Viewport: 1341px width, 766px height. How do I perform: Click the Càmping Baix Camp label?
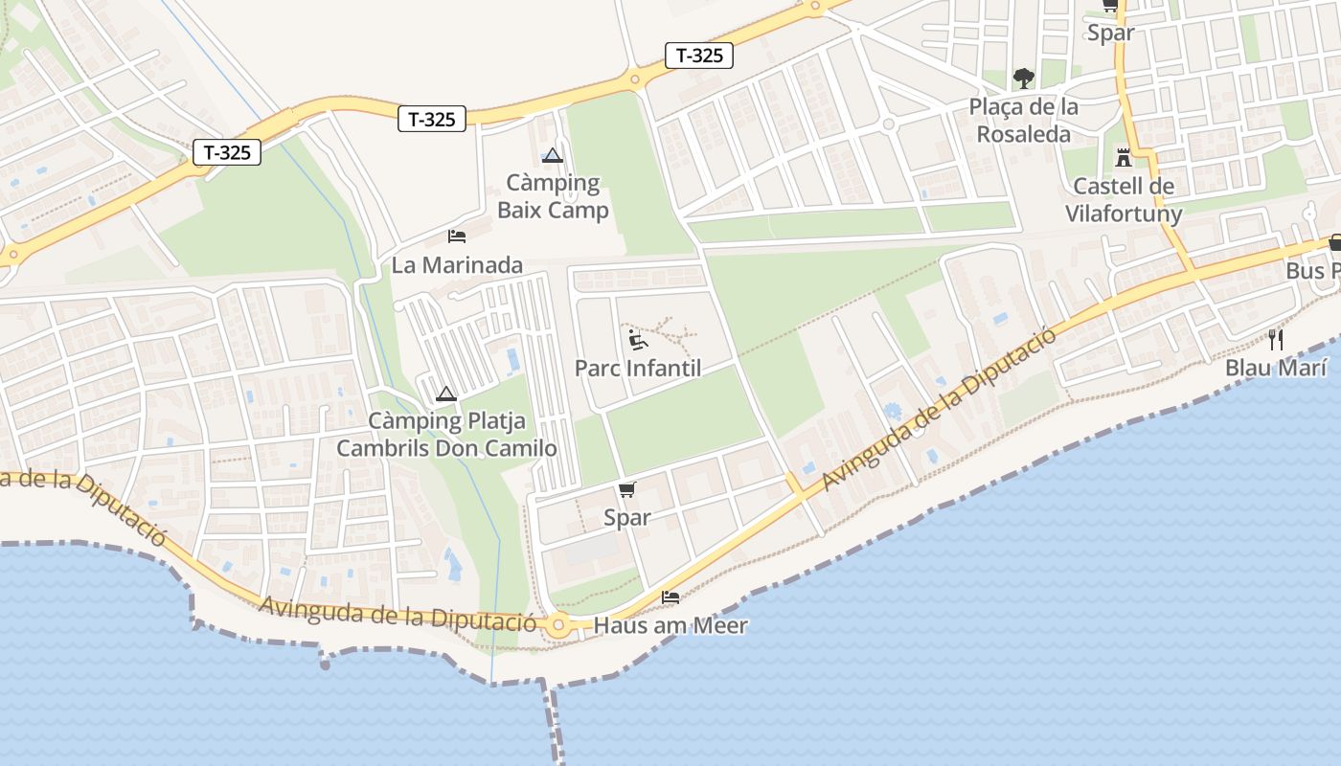point(553,196)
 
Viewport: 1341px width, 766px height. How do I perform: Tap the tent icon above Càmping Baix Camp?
point(552,155)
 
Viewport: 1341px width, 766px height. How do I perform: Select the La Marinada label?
point(457,265)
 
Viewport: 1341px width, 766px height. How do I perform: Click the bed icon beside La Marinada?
point(457,236)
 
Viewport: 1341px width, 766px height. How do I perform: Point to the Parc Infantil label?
point(638,368)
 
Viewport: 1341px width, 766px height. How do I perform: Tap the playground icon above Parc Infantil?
point(637,339)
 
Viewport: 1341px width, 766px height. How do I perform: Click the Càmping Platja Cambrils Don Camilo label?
point(446,435)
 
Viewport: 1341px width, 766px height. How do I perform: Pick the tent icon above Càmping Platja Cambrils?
point(445,394)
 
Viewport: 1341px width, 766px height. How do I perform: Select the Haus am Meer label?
point(670,626)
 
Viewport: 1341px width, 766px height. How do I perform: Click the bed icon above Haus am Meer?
point(670,597)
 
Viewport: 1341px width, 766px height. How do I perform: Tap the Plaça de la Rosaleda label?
point(1024,121)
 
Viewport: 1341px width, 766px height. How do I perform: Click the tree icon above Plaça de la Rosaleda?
point(1024,78)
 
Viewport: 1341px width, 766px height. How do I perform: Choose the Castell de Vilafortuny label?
point(1124,200)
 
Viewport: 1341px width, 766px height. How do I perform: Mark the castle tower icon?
point(1124,157)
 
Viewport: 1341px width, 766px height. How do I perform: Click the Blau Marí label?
point(1277,368)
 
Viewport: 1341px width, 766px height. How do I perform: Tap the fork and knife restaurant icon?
point(1276,339)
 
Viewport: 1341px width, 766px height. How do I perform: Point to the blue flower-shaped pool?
point(893,412)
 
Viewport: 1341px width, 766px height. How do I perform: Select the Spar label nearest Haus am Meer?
point(626,518)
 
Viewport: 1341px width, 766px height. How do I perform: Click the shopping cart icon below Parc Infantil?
point(626,490)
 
